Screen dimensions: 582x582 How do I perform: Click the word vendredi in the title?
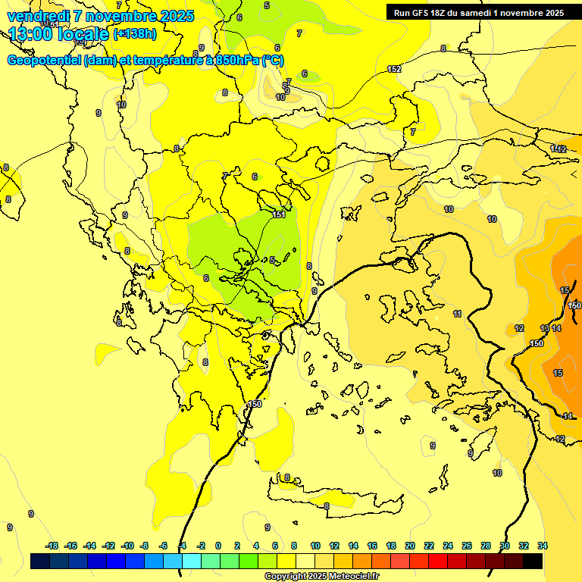[38, 16]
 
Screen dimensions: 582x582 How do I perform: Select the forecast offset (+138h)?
[135, 34]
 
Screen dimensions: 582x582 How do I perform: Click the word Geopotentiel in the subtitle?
[44, 61]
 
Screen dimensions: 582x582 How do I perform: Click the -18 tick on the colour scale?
[52, 546]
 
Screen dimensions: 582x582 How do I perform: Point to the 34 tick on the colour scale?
[542, 546]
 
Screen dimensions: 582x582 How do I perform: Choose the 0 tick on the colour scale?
[218, 546]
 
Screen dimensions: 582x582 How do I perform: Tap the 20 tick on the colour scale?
[409, 546]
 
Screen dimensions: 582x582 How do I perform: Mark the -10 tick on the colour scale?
[127, 546]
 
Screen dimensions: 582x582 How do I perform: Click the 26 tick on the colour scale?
[466, 546]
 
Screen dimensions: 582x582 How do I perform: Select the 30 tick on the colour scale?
[504, 546]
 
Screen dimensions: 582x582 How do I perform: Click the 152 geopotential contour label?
[394, 70]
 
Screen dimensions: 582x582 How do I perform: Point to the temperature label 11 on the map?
[457, 314]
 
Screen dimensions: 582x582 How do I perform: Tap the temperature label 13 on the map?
[545, 328]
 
